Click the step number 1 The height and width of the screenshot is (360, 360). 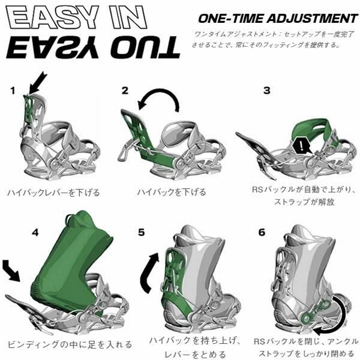[x=13, y=91]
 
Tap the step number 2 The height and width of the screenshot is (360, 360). [x=125, y=91]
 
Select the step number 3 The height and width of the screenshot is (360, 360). [x=267, y=91]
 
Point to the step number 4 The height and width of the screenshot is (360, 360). [x=35, y=233]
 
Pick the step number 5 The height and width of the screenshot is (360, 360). [x=142, y=232]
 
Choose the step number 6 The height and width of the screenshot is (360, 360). [x=262, y=232]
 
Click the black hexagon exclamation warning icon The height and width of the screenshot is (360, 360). [x=301, y=146]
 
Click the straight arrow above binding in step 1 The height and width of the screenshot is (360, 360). [x=38, y=83]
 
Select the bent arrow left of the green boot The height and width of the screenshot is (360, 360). [x=11, y=270]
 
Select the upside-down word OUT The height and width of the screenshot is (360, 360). [x=145, y=47]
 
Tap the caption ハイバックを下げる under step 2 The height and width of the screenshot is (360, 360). [x=172, y=192]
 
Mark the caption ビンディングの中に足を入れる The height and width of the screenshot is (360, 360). [x=70, y=344]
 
